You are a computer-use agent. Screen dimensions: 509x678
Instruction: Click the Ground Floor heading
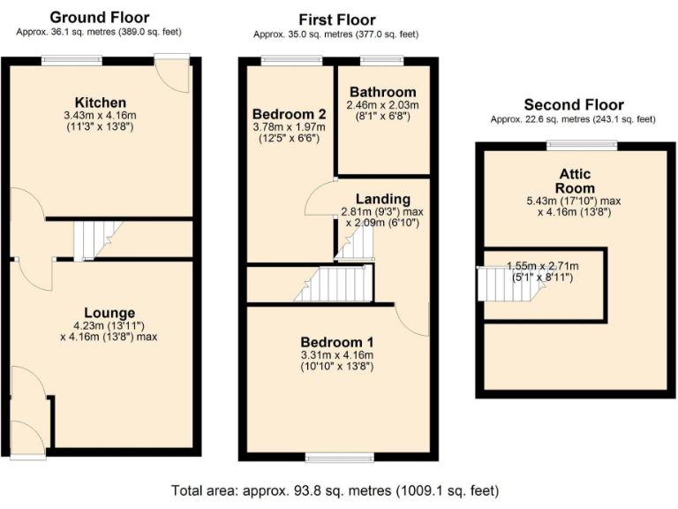click(99, 17)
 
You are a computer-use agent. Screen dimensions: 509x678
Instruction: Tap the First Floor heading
click(336, 19)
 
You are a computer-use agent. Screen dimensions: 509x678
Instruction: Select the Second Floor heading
click(573, 104)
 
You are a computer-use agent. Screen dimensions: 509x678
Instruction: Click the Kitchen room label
click(100, 103)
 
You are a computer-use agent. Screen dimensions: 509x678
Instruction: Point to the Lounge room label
click(109, 312)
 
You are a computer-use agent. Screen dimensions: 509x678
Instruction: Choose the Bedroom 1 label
click(337, 342)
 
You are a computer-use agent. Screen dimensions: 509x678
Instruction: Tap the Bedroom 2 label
click(289, 114)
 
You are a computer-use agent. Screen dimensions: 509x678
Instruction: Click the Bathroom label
click(382, 92)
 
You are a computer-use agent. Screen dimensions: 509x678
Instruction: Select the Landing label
click(382, 198)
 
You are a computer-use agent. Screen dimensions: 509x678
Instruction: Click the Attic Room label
click(575, 181)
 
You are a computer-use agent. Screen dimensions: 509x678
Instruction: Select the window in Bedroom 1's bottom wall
click(336, 457)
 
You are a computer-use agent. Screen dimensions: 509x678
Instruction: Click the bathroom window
click(381, 59)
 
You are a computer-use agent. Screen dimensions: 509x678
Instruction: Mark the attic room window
click(574, 144)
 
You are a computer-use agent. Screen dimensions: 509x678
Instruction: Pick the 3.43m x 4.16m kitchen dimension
click(100, 116)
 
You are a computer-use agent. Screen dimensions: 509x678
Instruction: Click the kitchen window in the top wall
click(72, 59)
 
